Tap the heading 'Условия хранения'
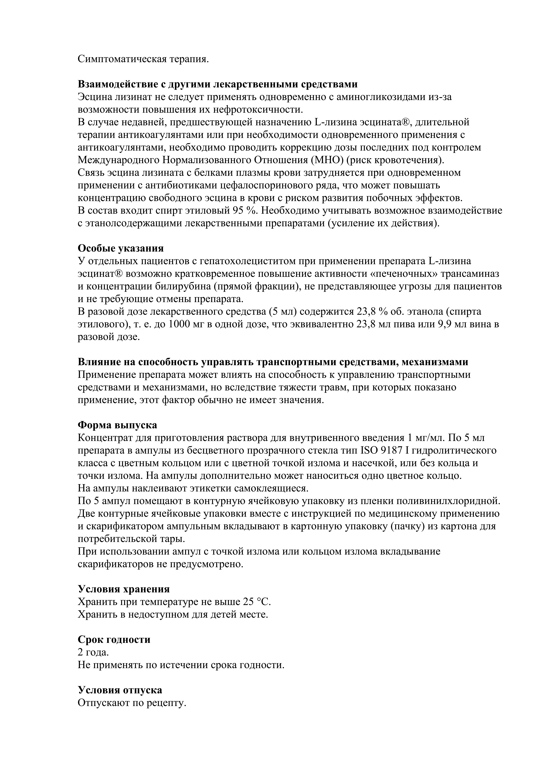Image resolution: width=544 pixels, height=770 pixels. (124, 589)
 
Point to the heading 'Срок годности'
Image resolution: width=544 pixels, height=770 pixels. (114, 640)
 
